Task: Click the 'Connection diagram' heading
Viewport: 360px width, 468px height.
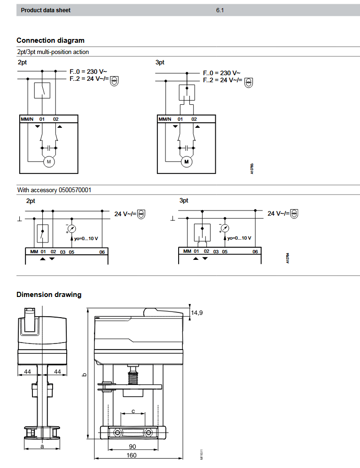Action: click(50, 40)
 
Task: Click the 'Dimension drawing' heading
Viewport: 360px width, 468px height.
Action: click(49, 295)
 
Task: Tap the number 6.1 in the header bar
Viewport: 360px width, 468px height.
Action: click(220, 10)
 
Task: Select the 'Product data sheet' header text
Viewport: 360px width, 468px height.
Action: click(46, 10)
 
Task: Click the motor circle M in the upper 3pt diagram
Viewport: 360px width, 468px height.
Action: click(187, 162)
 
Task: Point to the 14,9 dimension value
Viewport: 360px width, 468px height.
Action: click(196, 312)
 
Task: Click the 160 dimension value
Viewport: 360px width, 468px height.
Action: click(131, 455)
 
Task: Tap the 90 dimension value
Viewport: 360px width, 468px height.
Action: click(132, 446)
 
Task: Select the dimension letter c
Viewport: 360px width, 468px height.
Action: click(133, 411)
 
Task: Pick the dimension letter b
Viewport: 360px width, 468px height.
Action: click(84, 374)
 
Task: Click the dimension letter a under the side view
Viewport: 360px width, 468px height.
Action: click(42, 446)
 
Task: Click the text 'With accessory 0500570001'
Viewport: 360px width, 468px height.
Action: click(54, 190)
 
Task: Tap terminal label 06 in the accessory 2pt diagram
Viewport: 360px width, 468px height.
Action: click(102, 252)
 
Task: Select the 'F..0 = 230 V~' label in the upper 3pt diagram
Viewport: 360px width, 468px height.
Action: click(221, 73)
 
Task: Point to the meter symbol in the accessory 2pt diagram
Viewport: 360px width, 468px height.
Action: click(71, 228)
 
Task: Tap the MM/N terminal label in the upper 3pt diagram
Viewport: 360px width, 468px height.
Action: click(165, 119)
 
